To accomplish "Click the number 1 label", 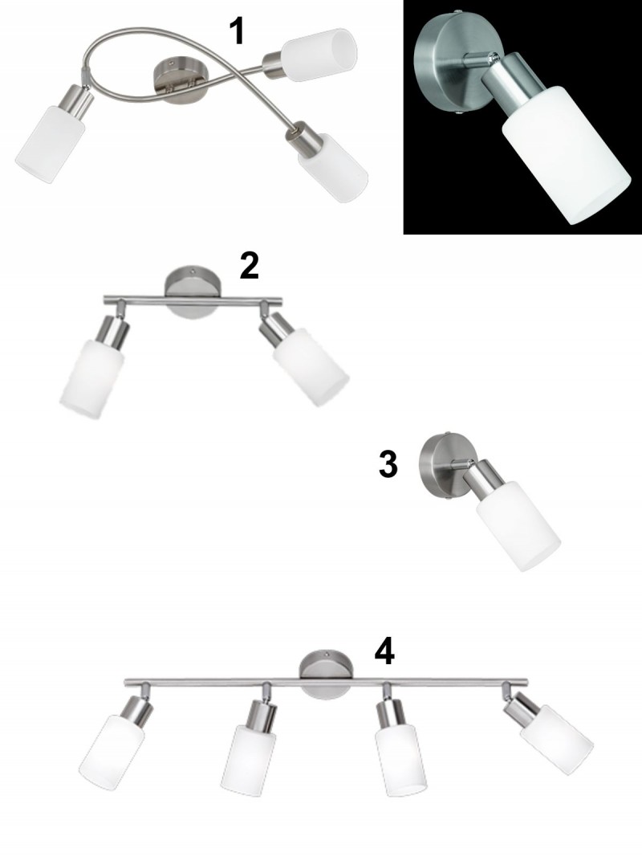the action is [x=237, y=31].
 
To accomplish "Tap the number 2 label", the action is [x=249, y=266].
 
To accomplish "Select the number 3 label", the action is [x=388, y=464].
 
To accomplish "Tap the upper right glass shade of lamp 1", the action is [x=320, y=55].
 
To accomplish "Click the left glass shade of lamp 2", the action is [x=92, y=379].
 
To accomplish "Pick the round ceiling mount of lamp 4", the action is [x=327, y=673].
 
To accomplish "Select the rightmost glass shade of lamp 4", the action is [x=556, y=739].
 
